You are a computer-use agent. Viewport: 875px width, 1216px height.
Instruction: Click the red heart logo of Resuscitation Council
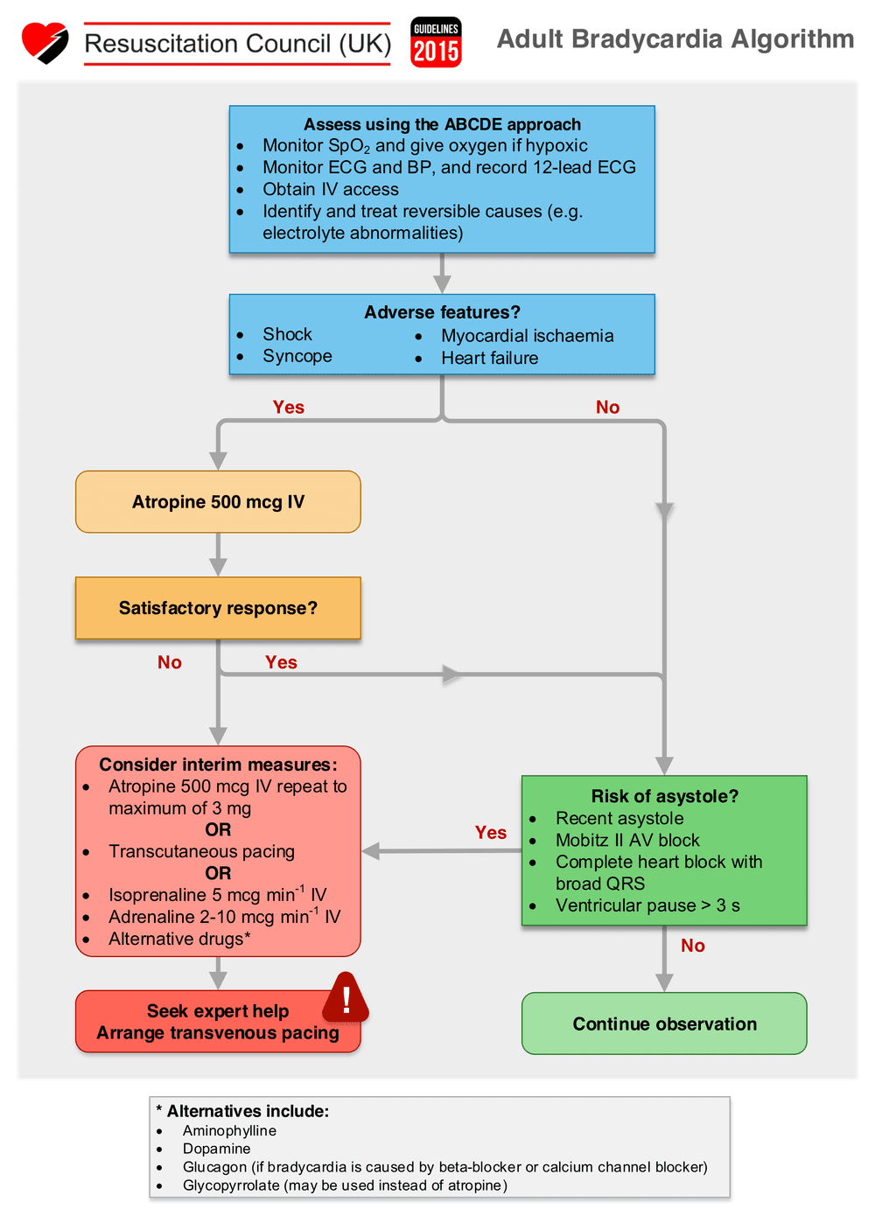click(45, 42)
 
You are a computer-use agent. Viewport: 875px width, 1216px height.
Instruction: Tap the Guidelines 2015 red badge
click(436, 43)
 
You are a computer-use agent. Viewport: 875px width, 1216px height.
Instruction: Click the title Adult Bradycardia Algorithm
click(675, 39)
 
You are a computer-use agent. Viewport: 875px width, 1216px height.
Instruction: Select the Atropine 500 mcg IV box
click(218, 502)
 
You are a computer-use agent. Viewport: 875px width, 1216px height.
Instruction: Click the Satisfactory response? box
click(218, 608)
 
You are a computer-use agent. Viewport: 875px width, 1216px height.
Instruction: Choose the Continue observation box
click(664, 1024)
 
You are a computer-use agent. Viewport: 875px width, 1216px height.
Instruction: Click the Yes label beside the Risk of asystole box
click(491, 833)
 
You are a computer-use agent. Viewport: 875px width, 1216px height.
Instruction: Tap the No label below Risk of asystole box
click(692, 946)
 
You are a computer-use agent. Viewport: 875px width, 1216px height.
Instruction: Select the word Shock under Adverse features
click(287, 334)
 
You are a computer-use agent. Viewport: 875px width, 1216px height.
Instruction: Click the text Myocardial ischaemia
click(527, 336)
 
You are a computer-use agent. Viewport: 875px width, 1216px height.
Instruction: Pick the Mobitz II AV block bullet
click(627, 840)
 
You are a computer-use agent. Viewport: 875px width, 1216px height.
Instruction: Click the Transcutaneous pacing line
click(201, 851)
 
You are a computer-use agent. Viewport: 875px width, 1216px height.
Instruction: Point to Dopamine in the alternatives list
click(216, 1149)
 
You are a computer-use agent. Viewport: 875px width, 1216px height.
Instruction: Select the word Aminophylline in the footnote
click(229, 1130)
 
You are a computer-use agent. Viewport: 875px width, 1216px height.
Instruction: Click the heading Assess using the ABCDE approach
click(442, 124)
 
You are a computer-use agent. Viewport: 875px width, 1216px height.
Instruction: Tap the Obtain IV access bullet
click(330, 189)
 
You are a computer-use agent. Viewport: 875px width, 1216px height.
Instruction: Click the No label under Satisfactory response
click(170, 662)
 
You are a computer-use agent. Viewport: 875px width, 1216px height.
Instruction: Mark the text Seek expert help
click(218, 1011)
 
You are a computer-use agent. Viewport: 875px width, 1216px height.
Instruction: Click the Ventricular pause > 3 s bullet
click(647, 905)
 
